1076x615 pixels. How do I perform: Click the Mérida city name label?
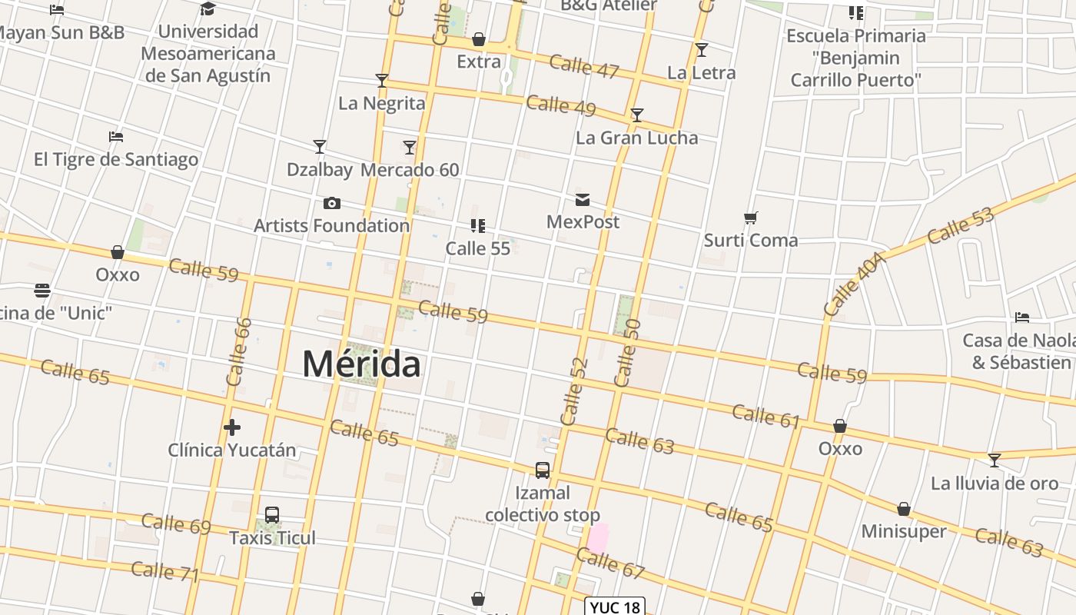point(361,364)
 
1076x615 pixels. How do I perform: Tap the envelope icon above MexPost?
point(583,201)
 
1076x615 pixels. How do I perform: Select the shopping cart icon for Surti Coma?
point(751,218)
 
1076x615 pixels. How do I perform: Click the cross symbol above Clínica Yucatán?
point(232,427)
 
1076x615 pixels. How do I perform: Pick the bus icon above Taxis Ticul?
point(272,515)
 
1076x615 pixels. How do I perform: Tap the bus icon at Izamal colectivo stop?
point(543,470)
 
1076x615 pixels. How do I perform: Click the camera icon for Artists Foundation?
point(332,204)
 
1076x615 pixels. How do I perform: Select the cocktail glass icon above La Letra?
point(701,51)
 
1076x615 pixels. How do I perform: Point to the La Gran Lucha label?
point(636,138)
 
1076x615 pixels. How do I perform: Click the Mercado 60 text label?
point(410,170)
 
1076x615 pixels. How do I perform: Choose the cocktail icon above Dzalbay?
point(320,147)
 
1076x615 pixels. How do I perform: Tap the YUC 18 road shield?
point(615,607)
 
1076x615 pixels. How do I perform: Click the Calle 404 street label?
point(855,284)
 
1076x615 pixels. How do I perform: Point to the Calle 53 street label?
point(960,225)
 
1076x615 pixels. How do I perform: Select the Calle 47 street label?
point(584,67)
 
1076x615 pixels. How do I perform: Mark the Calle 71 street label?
point(165,572)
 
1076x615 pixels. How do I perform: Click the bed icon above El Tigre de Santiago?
point(116,138)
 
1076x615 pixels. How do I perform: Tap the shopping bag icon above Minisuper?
point(904,510)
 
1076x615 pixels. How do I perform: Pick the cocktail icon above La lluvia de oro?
point(995,460)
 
